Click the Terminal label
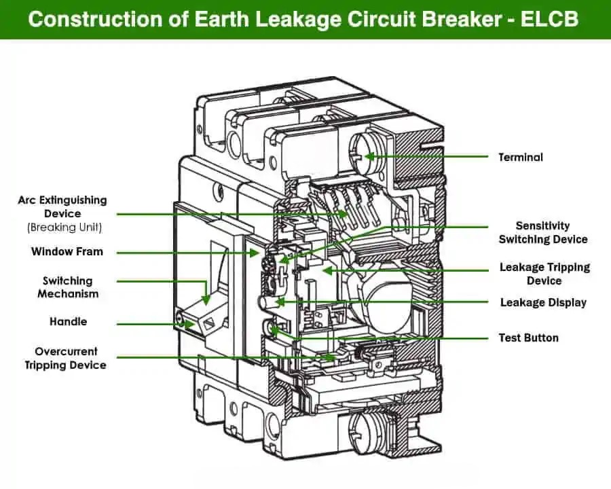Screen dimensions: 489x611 521,157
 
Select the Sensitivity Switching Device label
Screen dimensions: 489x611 543,232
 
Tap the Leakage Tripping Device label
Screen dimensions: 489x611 544,274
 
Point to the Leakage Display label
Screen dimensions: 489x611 543,302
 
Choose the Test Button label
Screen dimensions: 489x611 528,338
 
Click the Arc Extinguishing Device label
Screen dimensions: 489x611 62,206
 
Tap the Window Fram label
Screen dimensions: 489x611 67,251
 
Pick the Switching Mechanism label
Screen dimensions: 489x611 67,287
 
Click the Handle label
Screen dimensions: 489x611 68,321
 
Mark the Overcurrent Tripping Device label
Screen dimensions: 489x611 65,358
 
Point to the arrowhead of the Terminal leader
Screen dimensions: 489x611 367,157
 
